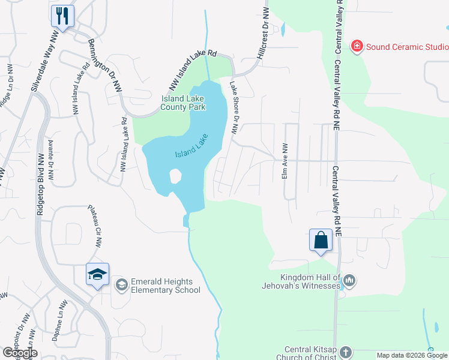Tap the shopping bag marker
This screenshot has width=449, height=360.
click(321, 240)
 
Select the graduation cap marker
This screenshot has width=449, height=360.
click(97, 274)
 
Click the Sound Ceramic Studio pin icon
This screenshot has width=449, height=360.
click(357, 46)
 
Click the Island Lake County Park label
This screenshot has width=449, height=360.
click(183, 103)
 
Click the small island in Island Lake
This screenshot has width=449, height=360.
click(175, 176)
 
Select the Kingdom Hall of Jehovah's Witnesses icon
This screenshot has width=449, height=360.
click(351, 280)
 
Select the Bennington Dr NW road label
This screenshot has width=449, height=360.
click(104, 65)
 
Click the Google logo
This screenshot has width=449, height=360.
click(20, 353)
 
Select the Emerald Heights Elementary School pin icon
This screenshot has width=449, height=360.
click(121, 284)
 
